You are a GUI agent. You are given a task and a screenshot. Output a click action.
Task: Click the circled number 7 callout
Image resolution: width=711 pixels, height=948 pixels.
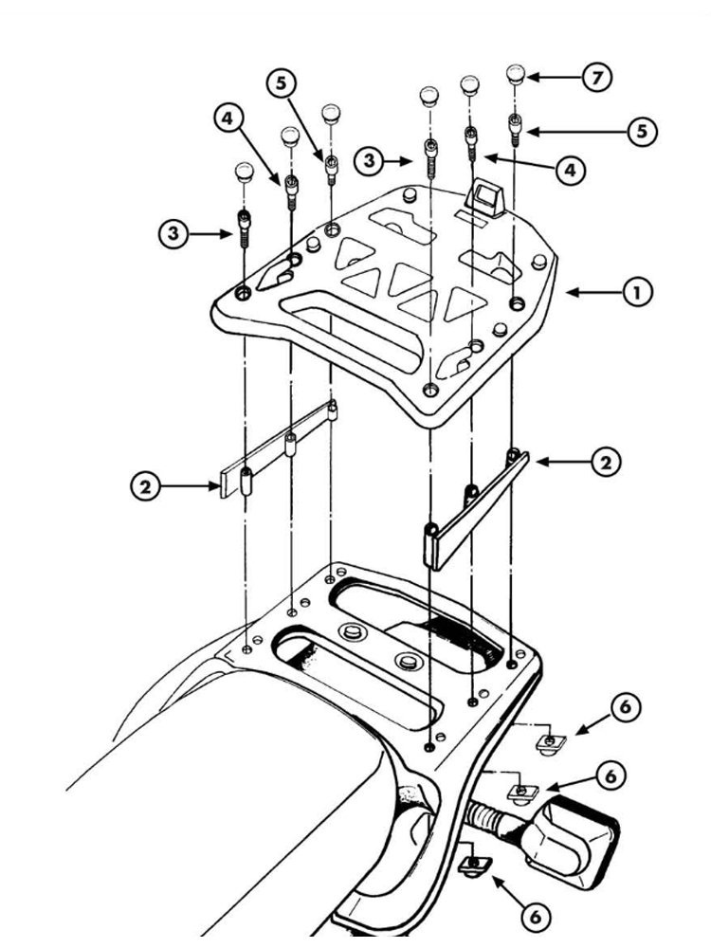click(x=597, y=78)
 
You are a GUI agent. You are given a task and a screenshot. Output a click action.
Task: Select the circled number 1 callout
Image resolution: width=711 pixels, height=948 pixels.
click(x=637, y=293)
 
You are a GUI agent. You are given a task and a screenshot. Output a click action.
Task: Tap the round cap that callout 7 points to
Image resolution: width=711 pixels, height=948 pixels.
click(x=516, y=74)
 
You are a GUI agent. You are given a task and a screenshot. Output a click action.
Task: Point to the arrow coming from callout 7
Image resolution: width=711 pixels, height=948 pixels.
click(x=555, y=78)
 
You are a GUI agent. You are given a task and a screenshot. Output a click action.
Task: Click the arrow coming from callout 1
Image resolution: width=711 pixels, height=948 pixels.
click(x=593, y=293)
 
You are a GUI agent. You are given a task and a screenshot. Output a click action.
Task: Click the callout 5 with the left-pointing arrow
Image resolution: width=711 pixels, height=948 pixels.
click(x=642, y=131)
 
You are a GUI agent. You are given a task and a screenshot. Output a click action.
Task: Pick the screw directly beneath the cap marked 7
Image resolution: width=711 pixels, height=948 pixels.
click(x=515, y=129)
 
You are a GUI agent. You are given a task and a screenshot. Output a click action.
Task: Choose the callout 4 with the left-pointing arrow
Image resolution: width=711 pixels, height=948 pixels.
click(x=571, y=171)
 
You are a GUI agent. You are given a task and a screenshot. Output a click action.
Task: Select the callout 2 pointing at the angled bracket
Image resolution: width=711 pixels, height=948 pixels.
click(x=606, y=463)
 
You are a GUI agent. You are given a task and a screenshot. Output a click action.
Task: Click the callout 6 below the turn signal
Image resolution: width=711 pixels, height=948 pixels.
click(x=535, y=917)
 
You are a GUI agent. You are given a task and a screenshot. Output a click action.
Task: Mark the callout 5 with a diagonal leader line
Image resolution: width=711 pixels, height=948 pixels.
click(x=283, y=82)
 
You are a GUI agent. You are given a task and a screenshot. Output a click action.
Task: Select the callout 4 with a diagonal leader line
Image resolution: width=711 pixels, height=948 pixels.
click(x=228, y=118)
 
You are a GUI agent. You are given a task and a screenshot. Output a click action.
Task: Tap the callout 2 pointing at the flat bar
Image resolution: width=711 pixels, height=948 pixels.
click(x=146, y=486)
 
